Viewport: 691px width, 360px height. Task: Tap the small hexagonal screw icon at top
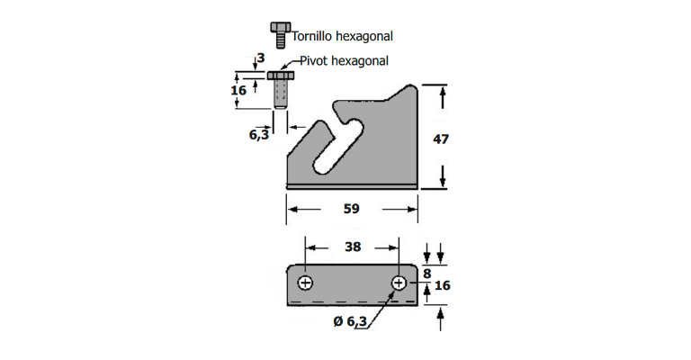[282, 34]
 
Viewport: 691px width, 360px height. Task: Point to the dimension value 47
[441, 139]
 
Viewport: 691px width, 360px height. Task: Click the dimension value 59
[351, 209]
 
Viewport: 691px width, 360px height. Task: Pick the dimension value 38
[352, 247]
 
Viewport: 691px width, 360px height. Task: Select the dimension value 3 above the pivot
[260, 58]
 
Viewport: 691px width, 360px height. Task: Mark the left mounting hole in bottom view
[306, 283]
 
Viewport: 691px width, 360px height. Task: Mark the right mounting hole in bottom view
[399, 283]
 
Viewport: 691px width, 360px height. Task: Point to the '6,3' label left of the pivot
[259, 134]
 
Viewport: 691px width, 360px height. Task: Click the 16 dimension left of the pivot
[238, 91]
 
